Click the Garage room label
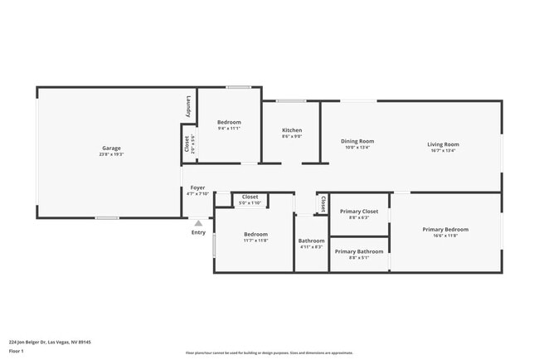tap(111, 148)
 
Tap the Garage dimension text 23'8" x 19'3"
tap(111, 155)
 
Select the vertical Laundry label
tap(188, 106)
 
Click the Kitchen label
tap(292, 130)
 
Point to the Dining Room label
tap(357, 141)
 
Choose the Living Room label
tap(444, 144)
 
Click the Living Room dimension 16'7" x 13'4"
tap(444, 151)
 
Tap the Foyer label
tap(197, 187)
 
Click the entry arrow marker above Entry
tap(197, 223)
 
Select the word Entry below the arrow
tap(198, 232)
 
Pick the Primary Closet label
tap(359, 211)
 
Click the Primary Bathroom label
tap(359, 251)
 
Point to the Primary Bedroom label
tap(445, 229)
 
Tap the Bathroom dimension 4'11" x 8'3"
tap(311, 247)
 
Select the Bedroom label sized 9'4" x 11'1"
tap(229, 122)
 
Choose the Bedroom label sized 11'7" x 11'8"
tap(255, 234)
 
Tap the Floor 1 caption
tap(17, 352)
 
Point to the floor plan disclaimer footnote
tap(269, 352)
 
